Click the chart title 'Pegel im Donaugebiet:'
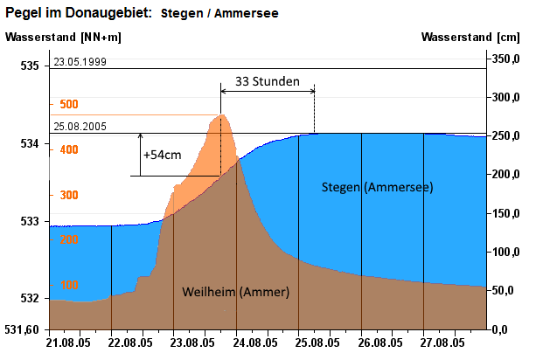coord(79,13)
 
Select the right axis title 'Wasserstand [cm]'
coord(470,37)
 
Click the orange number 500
coord(69,104)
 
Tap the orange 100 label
coord(69,285)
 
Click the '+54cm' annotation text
coord(163,155)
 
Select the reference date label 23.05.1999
coord(80,62)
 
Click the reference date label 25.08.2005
coord(80,127)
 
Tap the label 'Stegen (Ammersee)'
coord(377,187)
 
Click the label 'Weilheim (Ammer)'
coord(235,291)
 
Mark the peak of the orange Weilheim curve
coord(222,114)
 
